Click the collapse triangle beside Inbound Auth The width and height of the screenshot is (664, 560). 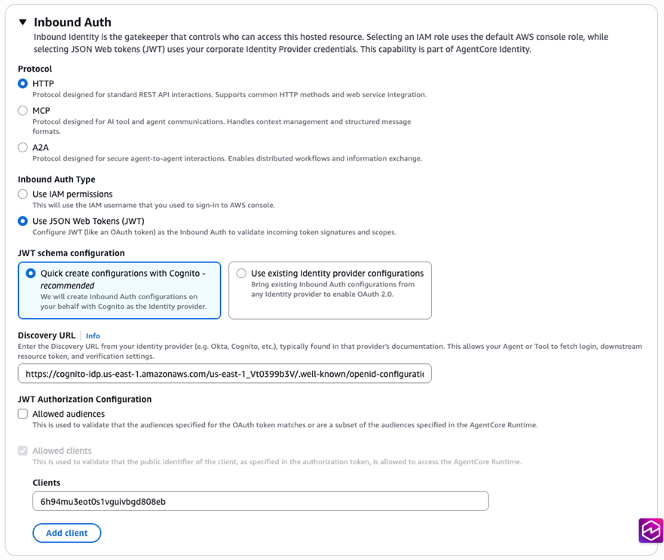point(23,23)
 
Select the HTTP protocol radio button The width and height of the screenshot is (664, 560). point(23,84)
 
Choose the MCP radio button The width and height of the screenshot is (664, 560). point(23,111)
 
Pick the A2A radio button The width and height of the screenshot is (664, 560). point(23,148)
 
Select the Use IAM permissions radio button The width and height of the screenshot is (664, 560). point(23,194)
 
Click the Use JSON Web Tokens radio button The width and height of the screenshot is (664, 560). point(23,222)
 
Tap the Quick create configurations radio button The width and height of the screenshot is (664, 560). point(31,274)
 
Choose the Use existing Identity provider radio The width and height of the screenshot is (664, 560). point(241,274)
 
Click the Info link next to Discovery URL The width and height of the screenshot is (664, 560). point(93,335)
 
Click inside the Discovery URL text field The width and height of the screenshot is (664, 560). point(224,373)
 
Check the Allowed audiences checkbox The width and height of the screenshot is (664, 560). point(23,414)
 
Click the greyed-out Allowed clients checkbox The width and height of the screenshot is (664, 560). point(23,451)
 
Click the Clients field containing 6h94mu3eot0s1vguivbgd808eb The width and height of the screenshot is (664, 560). point(260,500)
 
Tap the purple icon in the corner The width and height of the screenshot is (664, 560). point(651,530)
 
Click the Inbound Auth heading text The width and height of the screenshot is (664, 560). point(72,23)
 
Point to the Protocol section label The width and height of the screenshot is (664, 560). point(35,69)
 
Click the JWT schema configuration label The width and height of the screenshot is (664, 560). point(71,253)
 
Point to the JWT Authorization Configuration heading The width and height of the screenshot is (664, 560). point(84,399)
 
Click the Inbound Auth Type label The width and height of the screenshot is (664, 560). point(57,179)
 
